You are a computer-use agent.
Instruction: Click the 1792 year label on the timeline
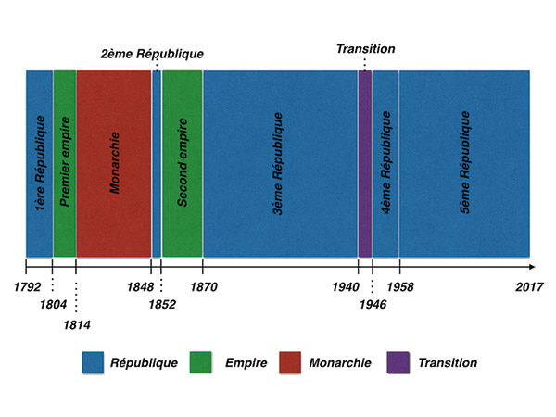28,287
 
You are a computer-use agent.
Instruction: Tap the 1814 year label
77,323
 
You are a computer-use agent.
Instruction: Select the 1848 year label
140,287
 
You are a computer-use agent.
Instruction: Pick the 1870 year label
203,287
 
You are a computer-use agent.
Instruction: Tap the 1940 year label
346,287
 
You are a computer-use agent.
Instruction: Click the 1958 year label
400,287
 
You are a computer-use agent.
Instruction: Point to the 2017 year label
529,287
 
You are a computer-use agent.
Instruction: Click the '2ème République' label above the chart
152,54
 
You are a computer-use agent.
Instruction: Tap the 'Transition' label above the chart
366,48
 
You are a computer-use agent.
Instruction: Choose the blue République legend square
93,362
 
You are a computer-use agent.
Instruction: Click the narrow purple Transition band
365,163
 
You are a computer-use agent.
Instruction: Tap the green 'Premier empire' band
65,163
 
